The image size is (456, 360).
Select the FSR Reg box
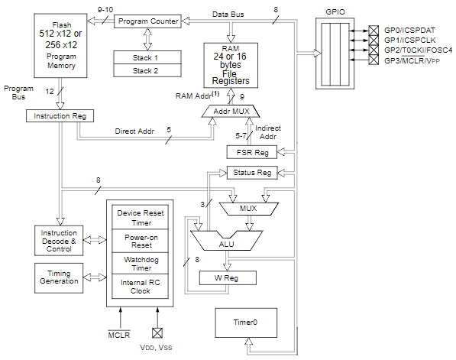[x=250, y=152]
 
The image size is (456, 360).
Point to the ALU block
[x=225, y=243]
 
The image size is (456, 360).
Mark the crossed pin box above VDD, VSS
[x=158, y=332]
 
